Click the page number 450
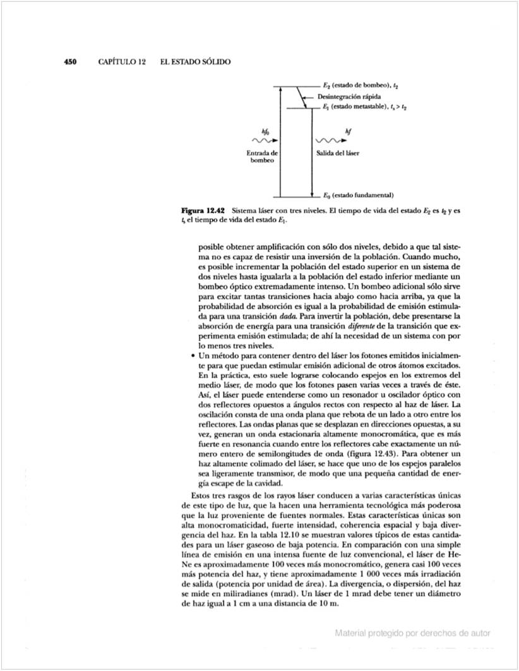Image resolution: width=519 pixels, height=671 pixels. pyautogui.click(x=70, y=62)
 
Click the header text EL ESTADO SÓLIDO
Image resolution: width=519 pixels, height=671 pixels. pyautogui.click(x=196, y=62)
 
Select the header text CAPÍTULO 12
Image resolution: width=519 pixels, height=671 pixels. pyautogui.click(x=122, y=62)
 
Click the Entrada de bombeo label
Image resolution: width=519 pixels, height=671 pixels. pyautogui.click(x=261, y=157)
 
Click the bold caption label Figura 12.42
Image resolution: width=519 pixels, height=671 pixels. pyautogui.click(x=203, y=209)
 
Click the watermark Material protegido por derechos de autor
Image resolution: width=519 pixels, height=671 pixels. pyautogui.click(x=413, y=633)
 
